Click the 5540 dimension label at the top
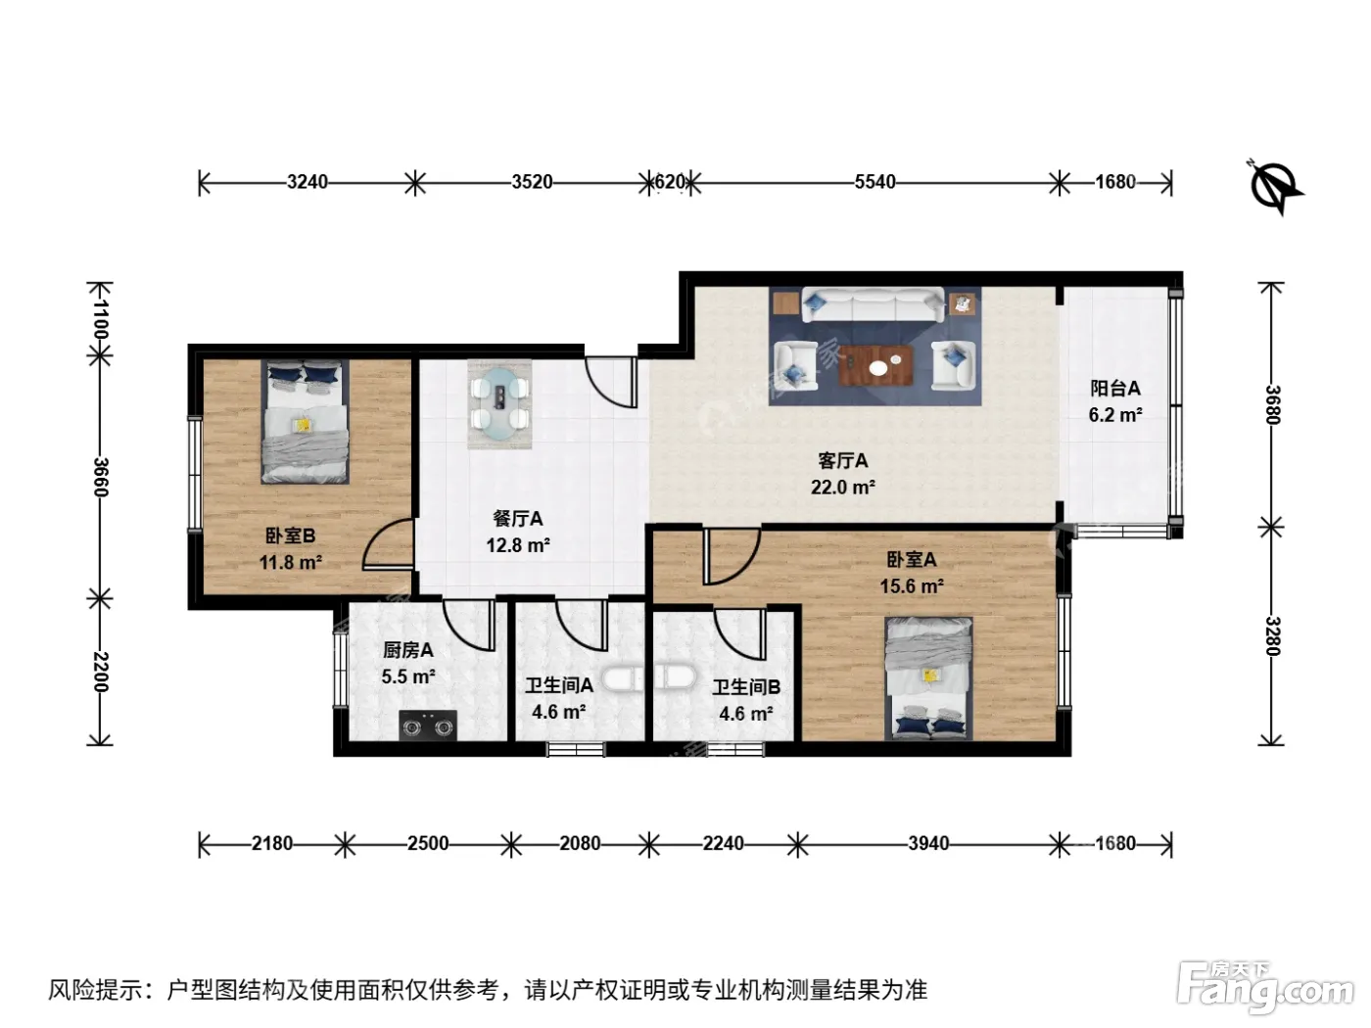coord(875,182)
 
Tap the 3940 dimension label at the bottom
coord(928,843)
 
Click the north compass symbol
coord(1276,186)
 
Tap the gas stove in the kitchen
coord(428,725)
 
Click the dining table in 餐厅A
coord(499,403)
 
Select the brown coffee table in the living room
coord(876,365)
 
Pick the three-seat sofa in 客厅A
coord(874,304)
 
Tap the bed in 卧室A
coord(928,678)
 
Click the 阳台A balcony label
coord(1115,389)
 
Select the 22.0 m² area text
coord(842,487)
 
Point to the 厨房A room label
coord(407,650)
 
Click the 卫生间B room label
coord(746,687)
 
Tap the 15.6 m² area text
coord(912,586)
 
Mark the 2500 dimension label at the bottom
coord(428,843)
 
